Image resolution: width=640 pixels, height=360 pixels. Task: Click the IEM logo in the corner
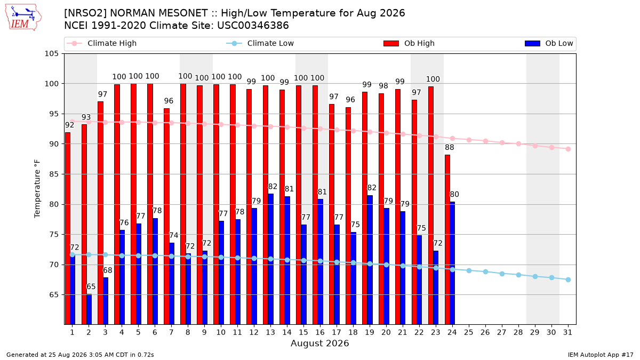(x=23, y=17)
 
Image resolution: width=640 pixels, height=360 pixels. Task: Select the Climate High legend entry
(x=101, y=43)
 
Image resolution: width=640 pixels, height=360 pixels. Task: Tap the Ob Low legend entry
(x=549, y=43)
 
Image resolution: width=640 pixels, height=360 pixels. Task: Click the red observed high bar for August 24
(x=447, y=239)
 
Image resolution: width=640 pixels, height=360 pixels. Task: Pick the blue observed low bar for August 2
(x=89, y=309)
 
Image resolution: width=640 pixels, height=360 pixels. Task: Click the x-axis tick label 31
(x=567, y=333)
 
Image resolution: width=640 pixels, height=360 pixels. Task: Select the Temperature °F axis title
(x=37, y=189)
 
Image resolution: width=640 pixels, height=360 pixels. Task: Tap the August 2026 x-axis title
(x=319, y=343)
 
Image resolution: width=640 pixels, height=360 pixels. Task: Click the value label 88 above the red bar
(x=450, y=147)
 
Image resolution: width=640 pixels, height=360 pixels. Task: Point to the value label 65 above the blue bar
(x=91, y=286)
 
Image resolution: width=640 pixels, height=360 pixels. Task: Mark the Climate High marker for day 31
(x=569, y=149)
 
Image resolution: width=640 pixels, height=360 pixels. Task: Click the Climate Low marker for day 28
(x=518, y=275)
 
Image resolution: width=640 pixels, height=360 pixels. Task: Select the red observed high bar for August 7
(x=166, y=217)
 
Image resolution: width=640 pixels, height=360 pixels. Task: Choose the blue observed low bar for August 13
(x=270, y=259)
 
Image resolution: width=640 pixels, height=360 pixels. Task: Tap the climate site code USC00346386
(x=253, y=26)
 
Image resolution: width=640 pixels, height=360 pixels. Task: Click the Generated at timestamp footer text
(x=80, y=355)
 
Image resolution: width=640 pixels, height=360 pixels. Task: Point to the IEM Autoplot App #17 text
(x=601, y=355)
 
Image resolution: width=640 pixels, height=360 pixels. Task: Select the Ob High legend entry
(x=409, y=43)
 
